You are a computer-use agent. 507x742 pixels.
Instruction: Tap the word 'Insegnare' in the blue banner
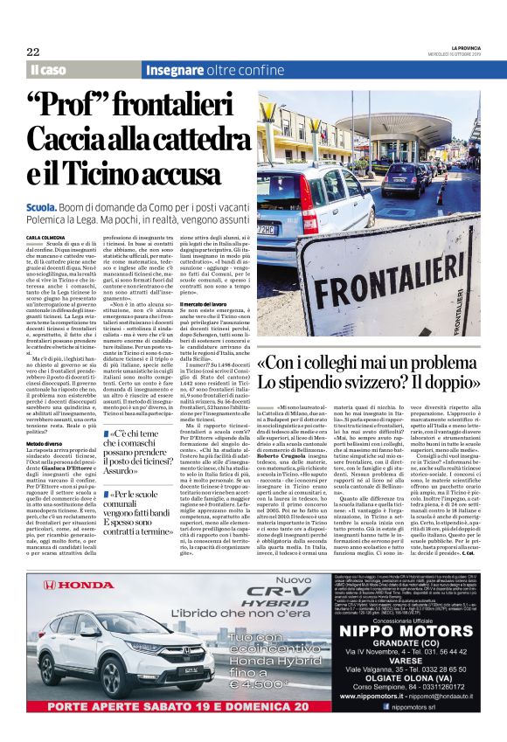tap(174, 69)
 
